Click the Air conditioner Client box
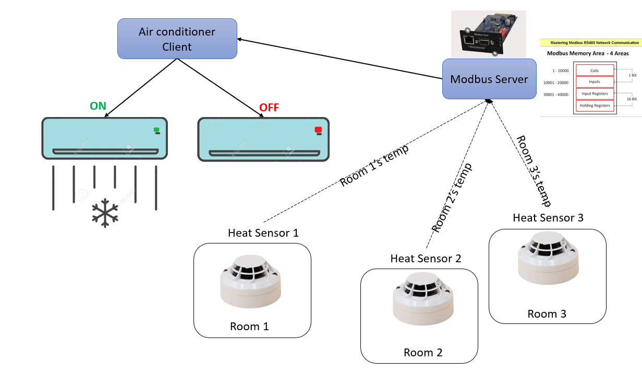[177, 39]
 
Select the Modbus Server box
[489, 79]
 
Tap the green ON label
[98, 106]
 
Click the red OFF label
[269, 108]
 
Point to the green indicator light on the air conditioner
[156, 129]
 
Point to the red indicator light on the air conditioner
[318, 130]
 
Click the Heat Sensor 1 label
[263, 233]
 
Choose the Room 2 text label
[423, 353]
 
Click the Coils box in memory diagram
[595, 71]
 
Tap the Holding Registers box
[595, 106]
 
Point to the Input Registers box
[595, 94]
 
